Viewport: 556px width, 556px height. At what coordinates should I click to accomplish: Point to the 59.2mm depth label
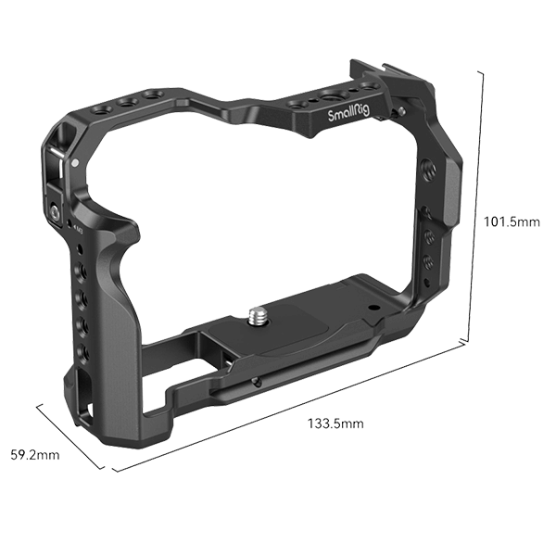point(34,455)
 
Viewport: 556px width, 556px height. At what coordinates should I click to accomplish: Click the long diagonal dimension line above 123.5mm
point(297,403)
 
